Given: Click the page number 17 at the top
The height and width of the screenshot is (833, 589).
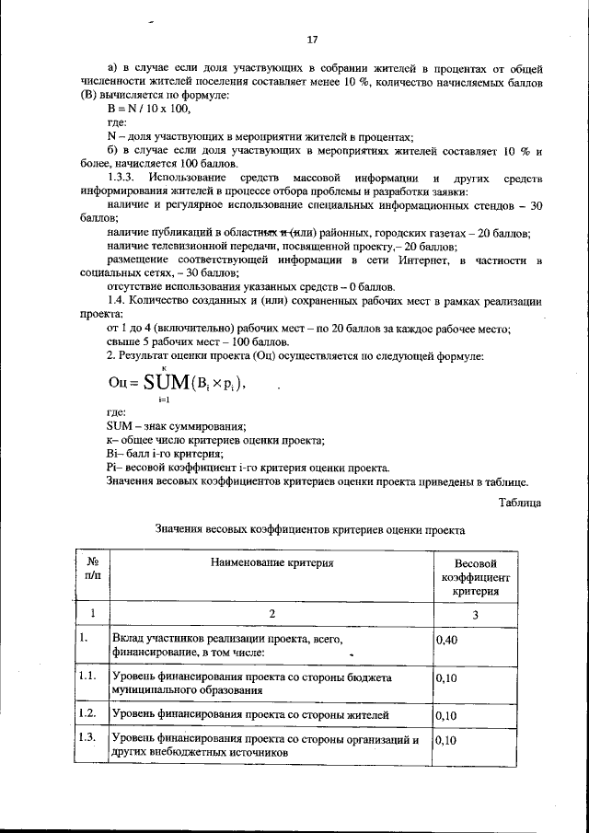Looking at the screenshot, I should click(x=312, y=40).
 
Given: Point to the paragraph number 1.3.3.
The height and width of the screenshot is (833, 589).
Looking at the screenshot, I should click(x=123, y=176).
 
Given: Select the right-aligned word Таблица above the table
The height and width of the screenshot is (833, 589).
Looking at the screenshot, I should click(x=520, y=502).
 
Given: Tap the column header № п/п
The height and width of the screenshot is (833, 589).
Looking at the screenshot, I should click(x=92, y=568).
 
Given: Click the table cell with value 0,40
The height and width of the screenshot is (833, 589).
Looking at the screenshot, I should click(x=445, y=639).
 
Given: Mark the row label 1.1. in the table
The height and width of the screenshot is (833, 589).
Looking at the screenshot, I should click(x=88, y=677).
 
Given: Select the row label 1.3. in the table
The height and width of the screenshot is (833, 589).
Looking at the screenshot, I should click(x=88, y=738).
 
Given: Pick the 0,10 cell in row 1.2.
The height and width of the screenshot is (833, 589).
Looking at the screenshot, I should click(x=445, y=713).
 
